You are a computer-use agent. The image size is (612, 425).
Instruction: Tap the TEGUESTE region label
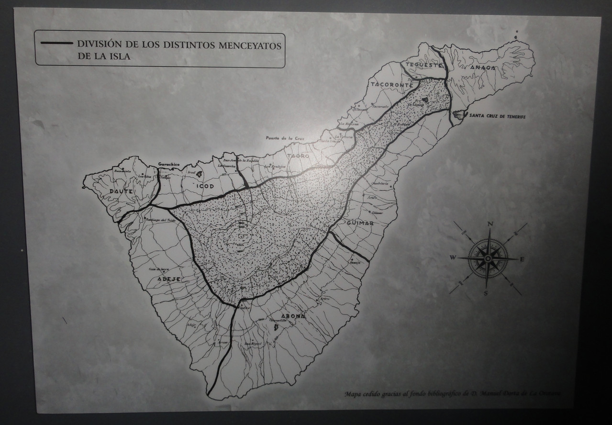(x=421, y=65)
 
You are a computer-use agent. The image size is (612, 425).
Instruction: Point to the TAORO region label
(x=298, y=157)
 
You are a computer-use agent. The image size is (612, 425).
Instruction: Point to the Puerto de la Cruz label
(x=286, y=138)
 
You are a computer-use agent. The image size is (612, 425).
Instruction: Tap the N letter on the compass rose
(x=490, y=224)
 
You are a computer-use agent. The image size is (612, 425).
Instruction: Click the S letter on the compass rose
(x=485, y=293)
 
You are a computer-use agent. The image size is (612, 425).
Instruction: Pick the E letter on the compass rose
(x=522, y=259)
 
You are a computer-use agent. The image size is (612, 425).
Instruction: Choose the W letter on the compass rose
(x=452, y=257)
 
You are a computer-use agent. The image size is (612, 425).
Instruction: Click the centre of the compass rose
(x=487, y=258)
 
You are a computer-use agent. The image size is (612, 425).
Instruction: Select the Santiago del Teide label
(x=161, y=219)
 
